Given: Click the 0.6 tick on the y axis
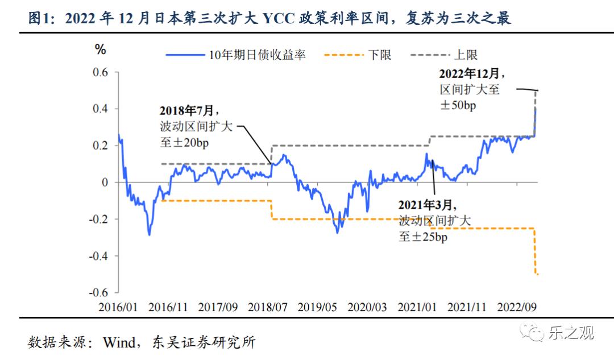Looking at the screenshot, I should pyautogui.click(x=101, y=72).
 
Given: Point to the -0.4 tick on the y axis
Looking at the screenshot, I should pyautogui.click(x=98, y=256).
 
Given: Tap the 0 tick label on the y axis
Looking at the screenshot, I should pyautogui.click(x=104, y=183).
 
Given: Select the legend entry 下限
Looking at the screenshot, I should pyautogui.click(x=380, y=55).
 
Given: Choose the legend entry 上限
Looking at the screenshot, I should pyautogui.click(x=466, y=55).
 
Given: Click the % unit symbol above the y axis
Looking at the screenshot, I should pyautogui.click(x=101, y=50).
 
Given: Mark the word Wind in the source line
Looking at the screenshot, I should pyautogui.click(x=120, y=342).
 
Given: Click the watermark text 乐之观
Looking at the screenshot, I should pyautogui.click(x=571, y=332).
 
